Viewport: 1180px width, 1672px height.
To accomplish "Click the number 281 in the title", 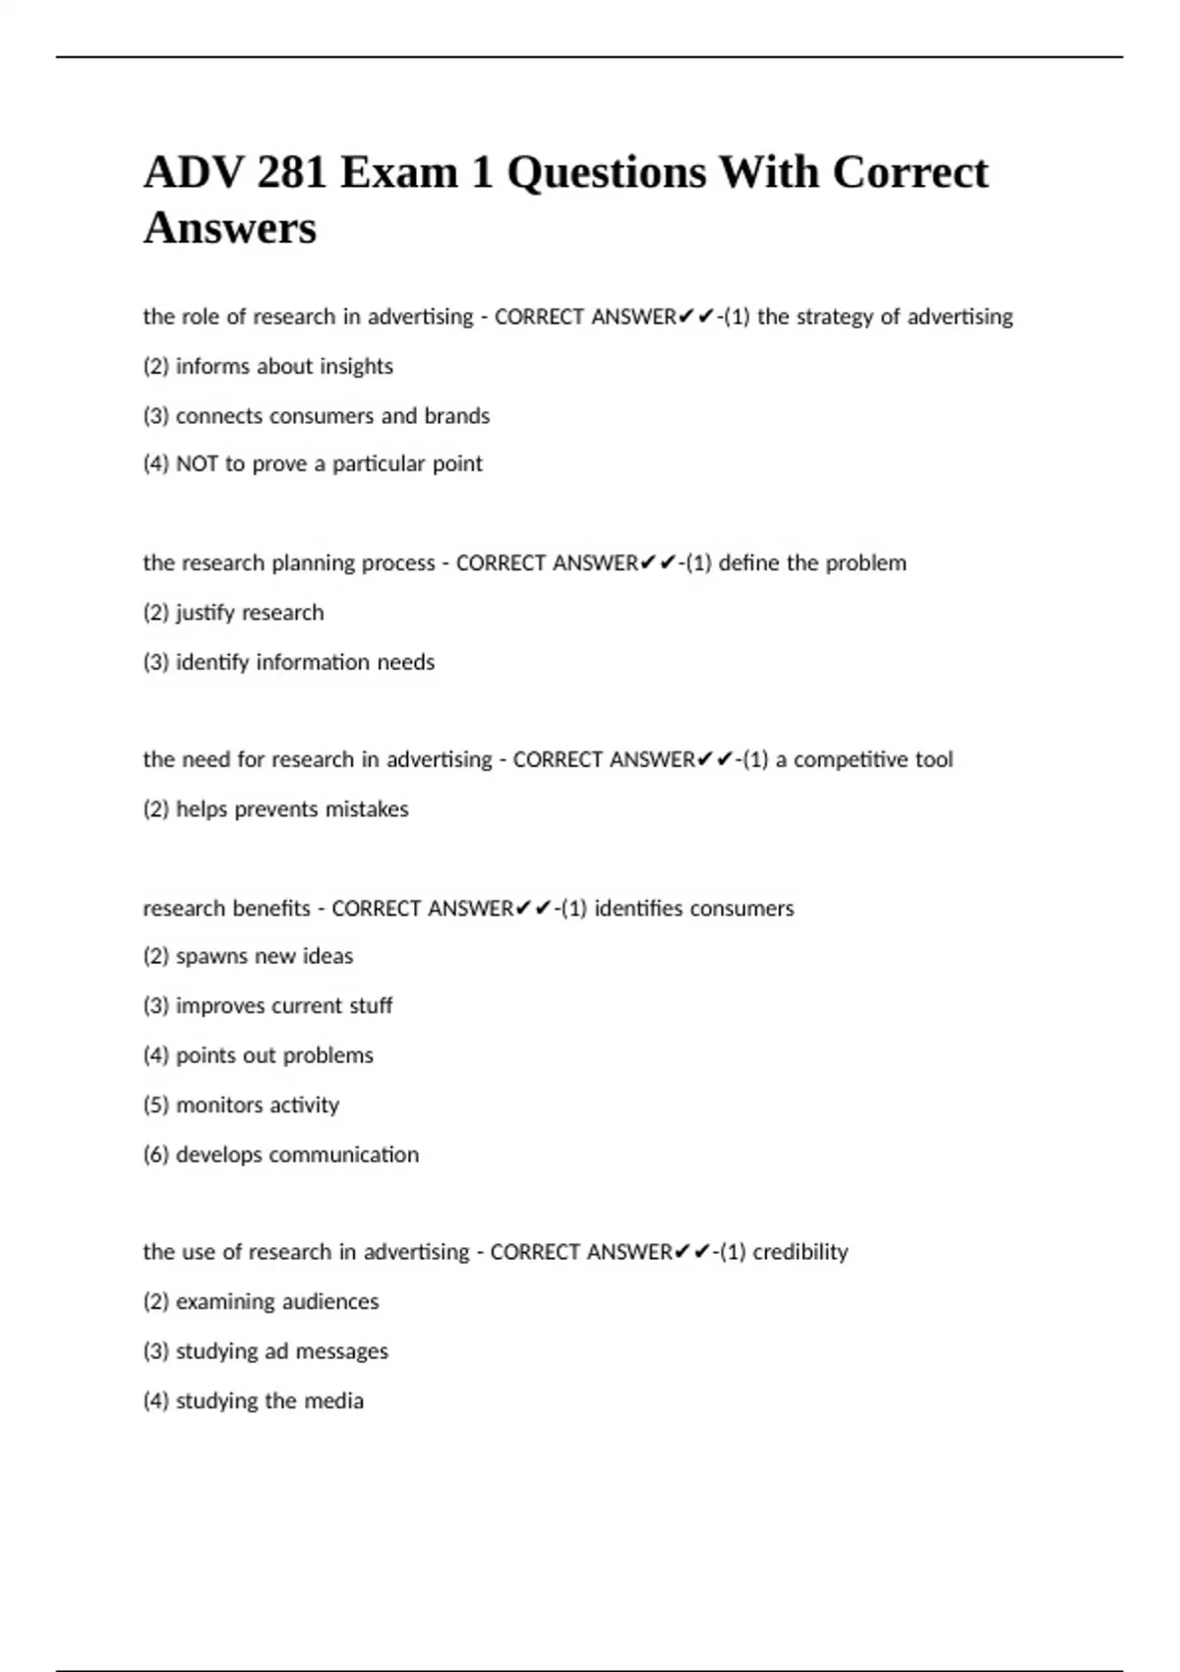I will pos(291,173).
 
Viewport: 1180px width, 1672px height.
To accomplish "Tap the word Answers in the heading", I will pos(230,228).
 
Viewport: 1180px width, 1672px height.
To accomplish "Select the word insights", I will pos(355,367).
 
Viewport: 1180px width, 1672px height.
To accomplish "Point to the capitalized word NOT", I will pos(197,464).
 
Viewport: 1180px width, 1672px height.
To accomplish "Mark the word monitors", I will pos(219,1105).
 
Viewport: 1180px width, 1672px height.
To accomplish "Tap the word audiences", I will pos(330,1302).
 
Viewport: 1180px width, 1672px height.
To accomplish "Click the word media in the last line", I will pos(333,1401).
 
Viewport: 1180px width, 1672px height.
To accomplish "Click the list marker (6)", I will pos(155,1155).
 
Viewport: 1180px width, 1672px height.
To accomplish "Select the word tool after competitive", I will pos(933,759).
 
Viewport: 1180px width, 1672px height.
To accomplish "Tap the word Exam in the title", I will pos(399,173).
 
